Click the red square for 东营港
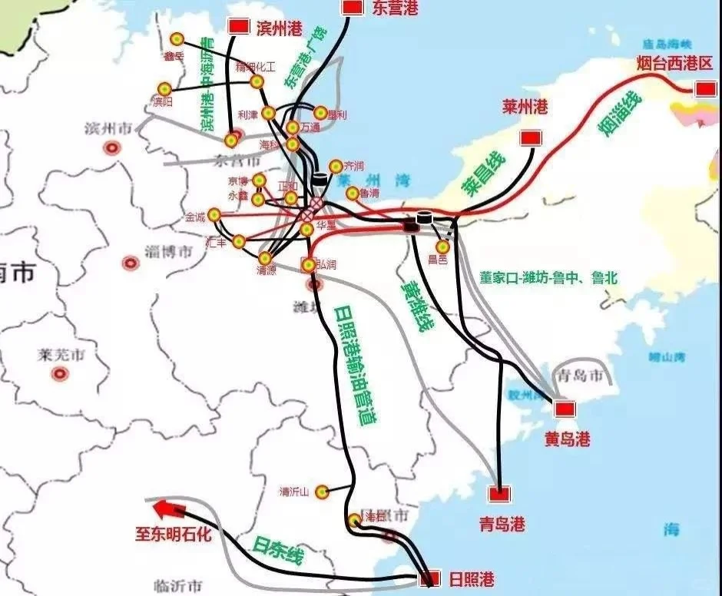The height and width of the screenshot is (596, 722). (353, 7)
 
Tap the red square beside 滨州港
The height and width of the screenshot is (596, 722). (239, 27)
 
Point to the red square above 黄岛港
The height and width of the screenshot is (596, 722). (565, 409)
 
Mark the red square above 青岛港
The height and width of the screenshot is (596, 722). (500, 494)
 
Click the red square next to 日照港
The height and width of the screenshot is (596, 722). (433, 578)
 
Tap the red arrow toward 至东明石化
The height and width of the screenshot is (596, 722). (163, 508)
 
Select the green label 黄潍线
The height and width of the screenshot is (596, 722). (416, 305)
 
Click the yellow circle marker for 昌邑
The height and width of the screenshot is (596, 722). (442, 247)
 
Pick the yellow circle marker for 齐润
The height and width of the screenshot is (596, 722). (335, 166)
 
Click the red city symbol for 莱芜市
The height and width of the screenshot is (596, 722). (59, 374)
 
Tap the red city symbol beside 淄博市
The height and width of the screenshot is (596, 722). (131, 263)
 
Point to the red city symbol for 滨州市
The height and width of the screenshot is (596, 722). (113, 147)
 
